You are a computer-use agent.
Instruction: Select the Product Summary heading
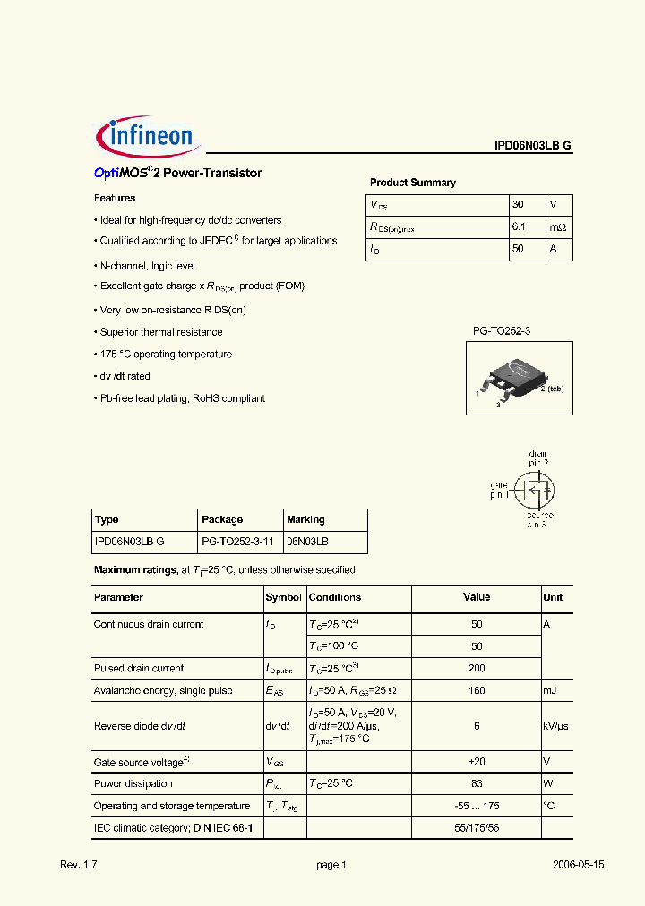tap(412, 183)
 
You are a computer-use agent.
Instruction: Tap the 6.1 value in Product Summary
tap(518, 227)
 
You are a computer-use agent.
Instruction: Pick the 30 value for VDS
tap(517, 204)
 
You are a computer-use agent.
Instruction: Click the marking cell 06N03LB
tap(307, 543)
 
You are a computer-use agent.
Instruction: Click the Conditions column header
tap(334, 597)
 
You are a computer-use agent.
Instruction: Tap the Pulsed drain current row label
tap(138, 668)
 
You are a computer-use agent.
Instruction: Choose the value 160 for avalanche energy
tap(476, 690)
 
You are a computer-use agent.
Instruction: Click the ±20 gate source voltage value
tap(476, 762)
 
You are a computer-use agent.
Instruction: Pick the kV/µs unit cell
tap(556, 726)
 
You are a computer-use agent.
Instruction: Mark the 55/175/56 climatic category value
tap(476, 828)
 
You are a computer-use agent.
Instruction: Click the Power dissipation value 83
tap(476, 783)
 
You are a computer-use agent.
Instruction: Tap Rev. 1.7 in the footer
tap(78, 865)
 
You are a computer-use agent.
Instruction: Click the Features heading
tap(115, 198)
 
